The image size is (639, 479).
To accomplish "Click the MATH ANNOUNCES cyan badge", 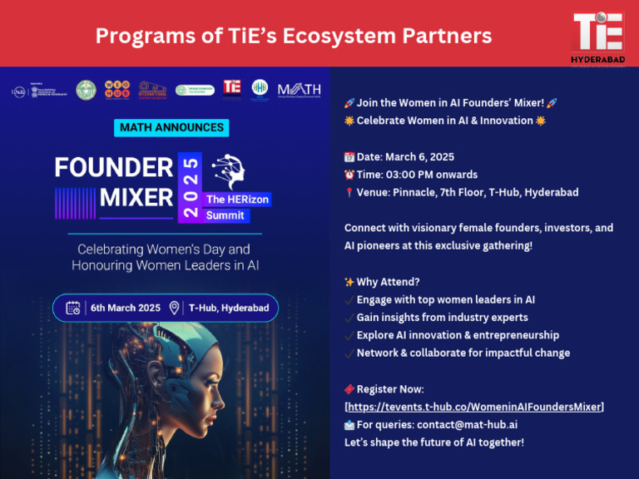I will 171,127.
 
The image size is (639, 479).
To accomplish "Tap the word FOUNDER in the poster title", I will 113,167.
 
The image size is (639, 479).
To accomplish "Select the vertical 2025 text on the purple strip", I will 191,187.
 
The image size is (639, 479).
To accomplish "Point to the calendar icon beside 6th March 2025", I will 72,308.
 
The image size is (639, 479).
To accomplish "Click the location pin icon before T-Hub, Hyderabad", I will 175,308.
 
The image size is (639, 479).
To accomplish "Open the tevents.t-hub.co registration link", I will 474,407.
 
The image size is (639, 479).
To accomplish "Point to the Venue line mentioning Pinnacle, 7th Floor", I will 467,192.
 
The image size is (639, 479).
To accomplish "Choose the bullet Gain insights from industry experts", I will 442,317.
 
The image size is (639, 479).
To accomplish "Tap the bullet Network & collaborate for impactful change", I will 463,353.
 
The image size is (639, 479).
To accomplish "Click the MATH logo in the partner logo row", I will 299,90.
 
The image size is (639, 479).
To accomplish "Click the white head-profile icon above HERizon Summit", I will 230,172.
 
